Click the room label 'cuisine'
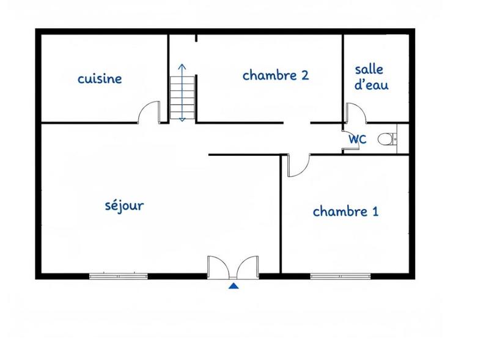click(x=100, y=79)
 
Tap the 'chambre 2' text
click(x=275, y=75)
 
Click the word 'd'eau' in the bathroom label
click(x=371, y=85)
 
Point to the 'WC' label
click(x=357, y=139)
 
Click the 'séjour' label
click(x=125, y=205)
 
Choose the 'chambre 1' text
click(x=345, y=211)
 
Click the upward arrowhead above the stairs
click(x=182, y=66)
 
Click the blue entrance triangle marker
click(x=233, y=285)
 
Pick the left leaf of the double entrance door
click(x=218, y=267)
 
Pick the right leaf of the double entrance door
click(x=248, y=267)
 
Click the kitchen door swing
click(x=149, y=112)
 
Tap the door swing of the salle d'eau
click(x=355, y=114)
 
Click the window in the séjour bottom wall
click(x=119, y=276)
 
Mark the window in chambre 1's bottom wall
click(x=340, y=276)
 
